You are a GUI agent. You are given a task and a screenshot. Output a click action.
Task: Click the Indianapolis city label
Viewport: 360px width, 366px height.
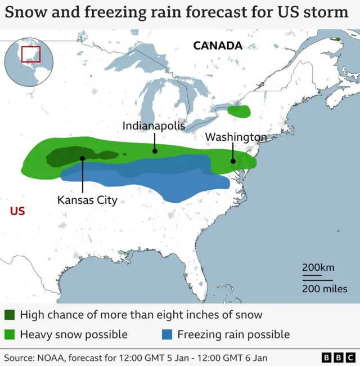click(154, 126)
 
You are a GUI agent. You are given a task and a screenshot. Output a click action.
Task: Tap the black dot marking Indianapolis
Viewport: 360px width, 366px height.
click(154, 151)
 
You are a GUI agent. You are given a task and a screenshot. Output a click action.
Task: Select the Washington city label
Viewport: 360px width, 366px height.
click(236, 137)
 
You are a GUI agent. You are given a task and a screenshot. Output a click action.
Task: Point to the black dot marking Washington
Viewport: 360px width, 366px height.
click(232, 161)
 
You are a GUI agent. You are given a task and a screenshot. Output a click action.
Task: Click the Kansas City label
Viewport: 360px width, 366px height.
click(87, 200)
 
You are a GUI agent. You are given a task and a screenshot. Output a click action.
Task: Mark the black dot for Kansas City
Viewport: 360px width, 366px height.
click(83, 158)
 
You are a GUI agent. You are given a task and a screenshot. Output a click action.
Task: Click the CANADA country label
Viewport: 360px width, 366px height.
click(218, 46)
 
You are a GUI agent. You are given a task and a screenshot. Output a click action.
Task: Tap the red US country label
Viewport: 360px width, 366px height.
click(17, 211)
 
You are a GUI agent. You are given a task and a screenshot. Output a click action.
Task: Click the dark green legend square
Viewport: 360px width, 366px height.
click(10, 315)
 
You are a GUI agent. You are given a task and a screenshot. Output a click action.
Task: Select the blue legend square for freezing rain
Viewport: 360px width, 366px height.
click(167, 334)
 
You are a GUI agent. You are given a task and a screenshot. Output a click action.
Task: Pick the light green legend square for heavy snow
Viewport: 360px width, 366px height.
click(10, 334)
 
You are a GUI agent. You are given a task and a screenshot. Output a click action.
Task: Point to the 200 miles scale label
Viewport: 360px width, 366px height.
click(325, 289)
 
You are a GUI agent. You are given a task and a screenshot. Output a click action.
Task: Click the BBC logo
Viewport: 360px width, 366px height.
click(337, 358)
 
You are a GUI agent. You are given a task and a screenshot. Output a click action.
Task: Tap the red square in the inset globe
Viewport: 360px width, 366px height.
click(31, 55)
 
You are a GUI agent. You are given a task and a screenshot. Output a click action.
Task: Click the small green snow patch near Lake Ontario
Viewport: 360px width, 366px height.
click(240, 111)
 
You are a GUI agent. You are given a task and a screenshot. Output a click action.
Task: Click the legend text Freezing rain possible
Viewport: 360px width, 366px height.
click(233, 334)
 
